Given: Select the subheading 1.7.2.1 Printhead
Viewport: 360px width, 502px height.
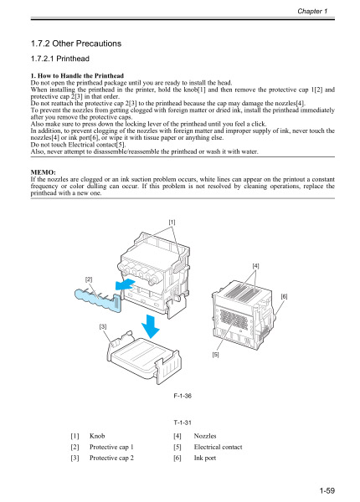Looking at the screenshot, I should click(x=59, y=60).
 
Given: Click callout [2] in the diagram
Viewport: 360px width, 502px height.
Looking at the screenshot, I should click(x=89, y=276).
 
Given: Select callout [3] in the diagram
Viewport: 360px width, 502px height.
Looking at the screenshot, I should click(x=104, y=325).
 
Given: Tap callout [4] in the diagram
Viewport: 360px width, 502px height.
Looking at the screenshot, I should click(x=255, y=265).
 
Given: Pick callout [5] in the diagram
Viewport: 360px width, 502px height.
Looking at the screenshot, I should click(x=239, y=355).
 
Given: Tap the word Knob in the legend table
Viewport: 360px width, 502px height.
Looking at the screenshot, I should click(x=97, y=437).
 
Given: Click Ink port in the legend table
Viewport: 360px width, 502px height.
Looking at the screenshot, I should click(x=205, y=458).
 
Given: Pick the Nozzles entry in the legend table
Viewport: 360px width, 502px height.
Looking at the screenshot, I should click(x=205, y=437).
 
